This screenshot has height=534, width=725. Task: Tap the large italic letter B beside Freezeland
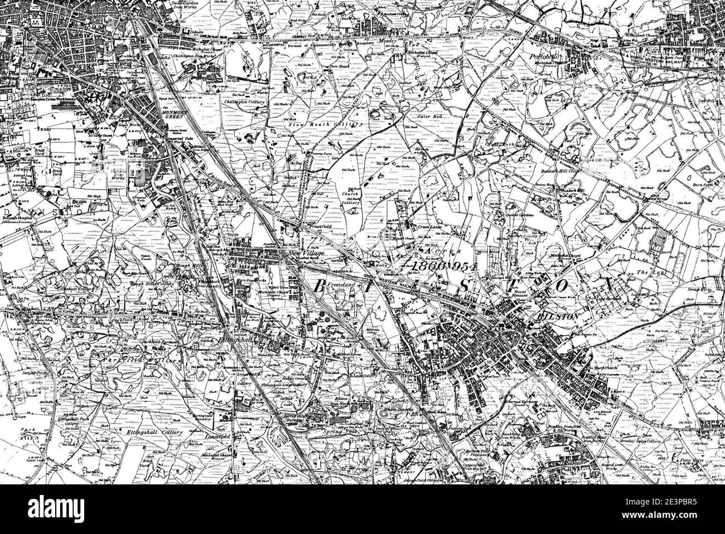(x=319, y=287)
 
